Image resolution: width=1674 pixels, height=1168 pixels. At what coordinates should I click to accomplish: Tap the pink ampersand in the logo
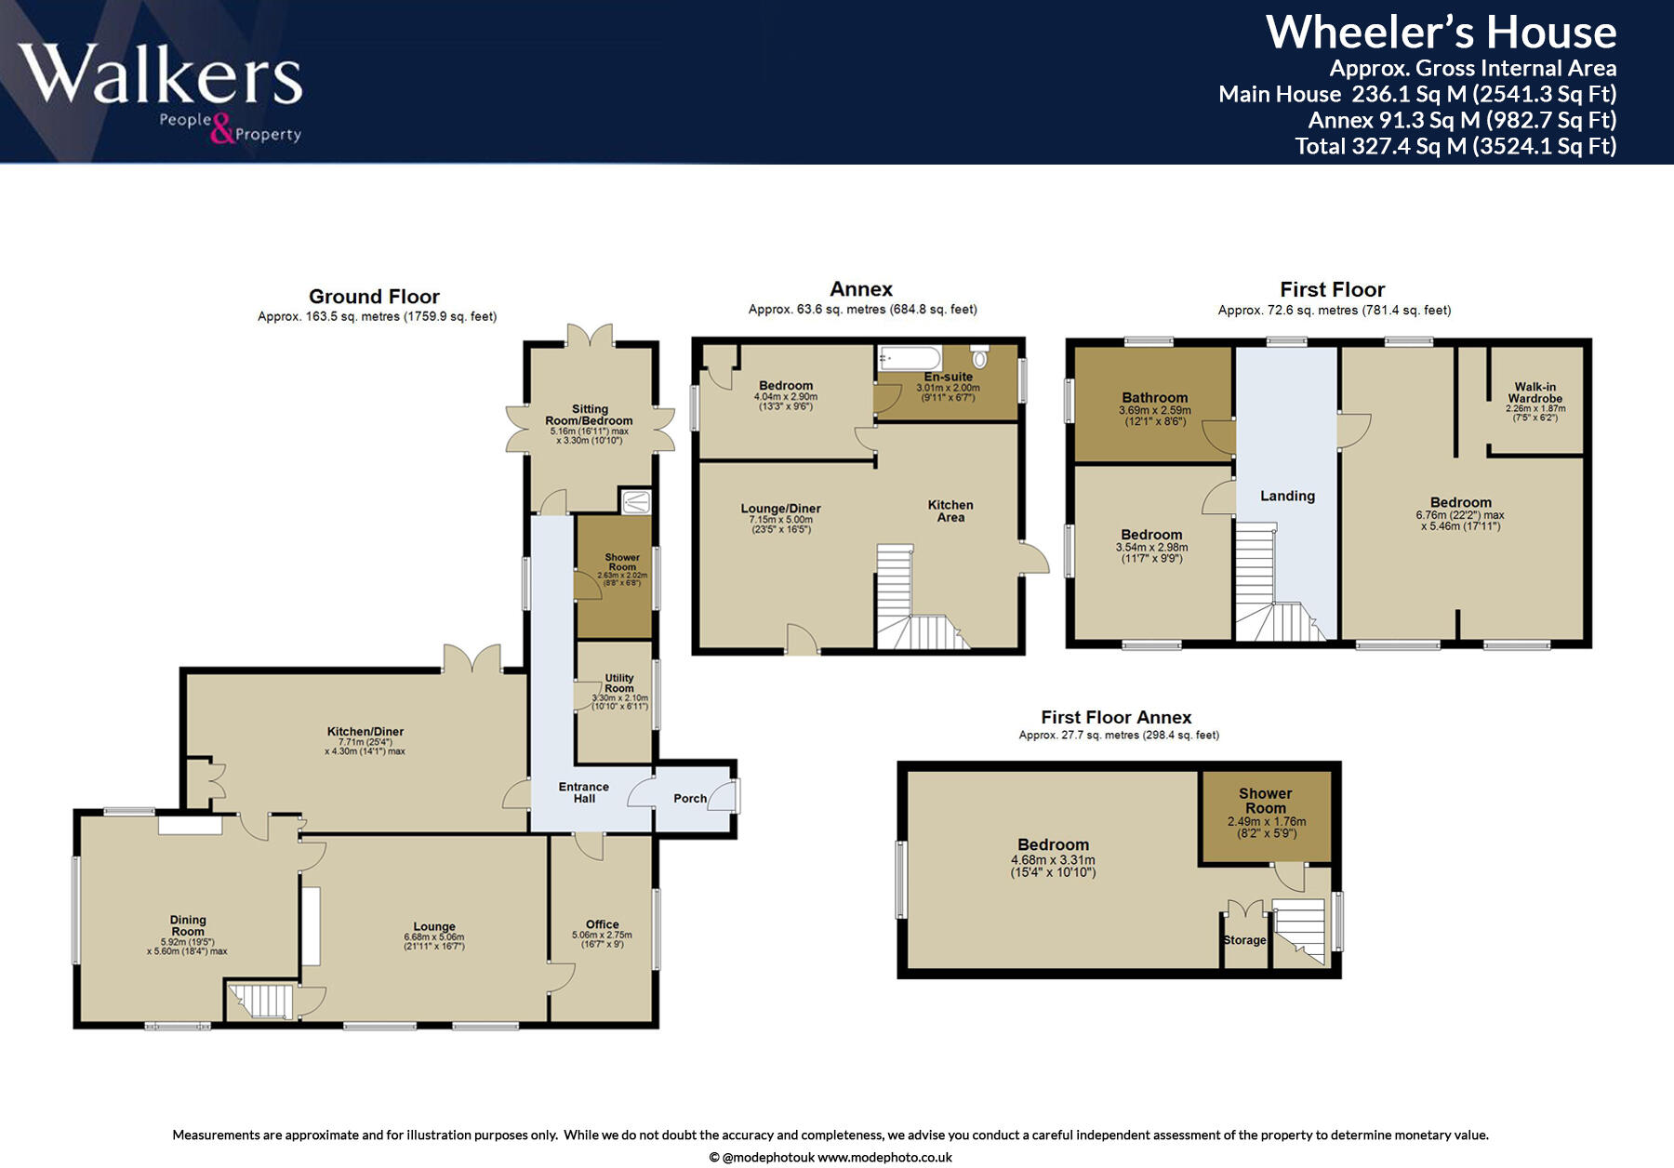222,129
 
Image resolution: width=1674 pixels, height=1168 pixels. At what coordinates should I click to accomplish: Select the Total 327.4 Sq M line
1455,146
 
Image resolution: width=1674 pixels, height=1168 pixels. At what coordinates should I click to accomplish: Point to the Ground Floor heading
374,297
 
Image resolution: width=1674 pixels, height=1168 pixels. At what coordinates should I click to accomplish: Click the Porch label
690,798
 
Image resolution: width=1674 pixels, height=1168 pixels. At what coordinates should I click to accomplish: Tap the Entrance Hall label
584,792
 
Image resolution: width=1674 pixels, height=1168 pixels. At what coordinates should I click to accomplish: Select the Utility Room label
619,684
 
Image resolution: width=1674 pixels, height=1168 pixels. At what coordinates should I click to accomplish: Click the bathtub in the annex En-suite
910,357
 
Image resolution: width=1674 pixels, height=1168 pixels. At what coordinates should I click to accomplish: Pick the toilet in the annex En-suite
979,357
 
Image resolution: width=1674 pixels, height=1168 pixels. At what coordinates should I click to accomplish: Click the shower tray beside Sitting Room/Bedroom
636,502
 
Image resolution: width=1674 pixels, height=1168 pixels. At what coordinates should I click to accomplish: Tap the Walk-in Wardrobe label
1534,392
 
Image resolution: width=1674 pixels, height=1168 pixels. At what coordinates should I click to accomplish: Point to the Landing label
1287,496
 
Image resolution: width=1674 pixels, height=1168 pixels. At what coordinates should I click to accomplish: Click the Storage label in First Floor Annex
1244,940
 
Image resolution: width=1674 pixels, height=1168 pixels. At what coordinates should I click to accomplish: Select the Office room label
603,924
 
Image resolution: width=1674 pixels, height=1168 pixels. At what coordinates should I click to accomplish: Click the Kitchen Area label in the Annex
950,511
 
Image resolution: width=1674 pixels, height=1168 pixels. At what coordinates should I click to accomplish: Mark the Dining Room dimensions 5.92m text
187,941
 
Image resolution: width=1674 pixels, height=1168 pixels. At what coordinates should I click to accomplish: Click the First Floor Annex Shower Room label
1265,801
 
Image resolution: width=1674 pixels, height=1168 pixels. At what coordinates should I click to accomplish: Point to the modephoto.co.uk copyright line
830,1158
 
